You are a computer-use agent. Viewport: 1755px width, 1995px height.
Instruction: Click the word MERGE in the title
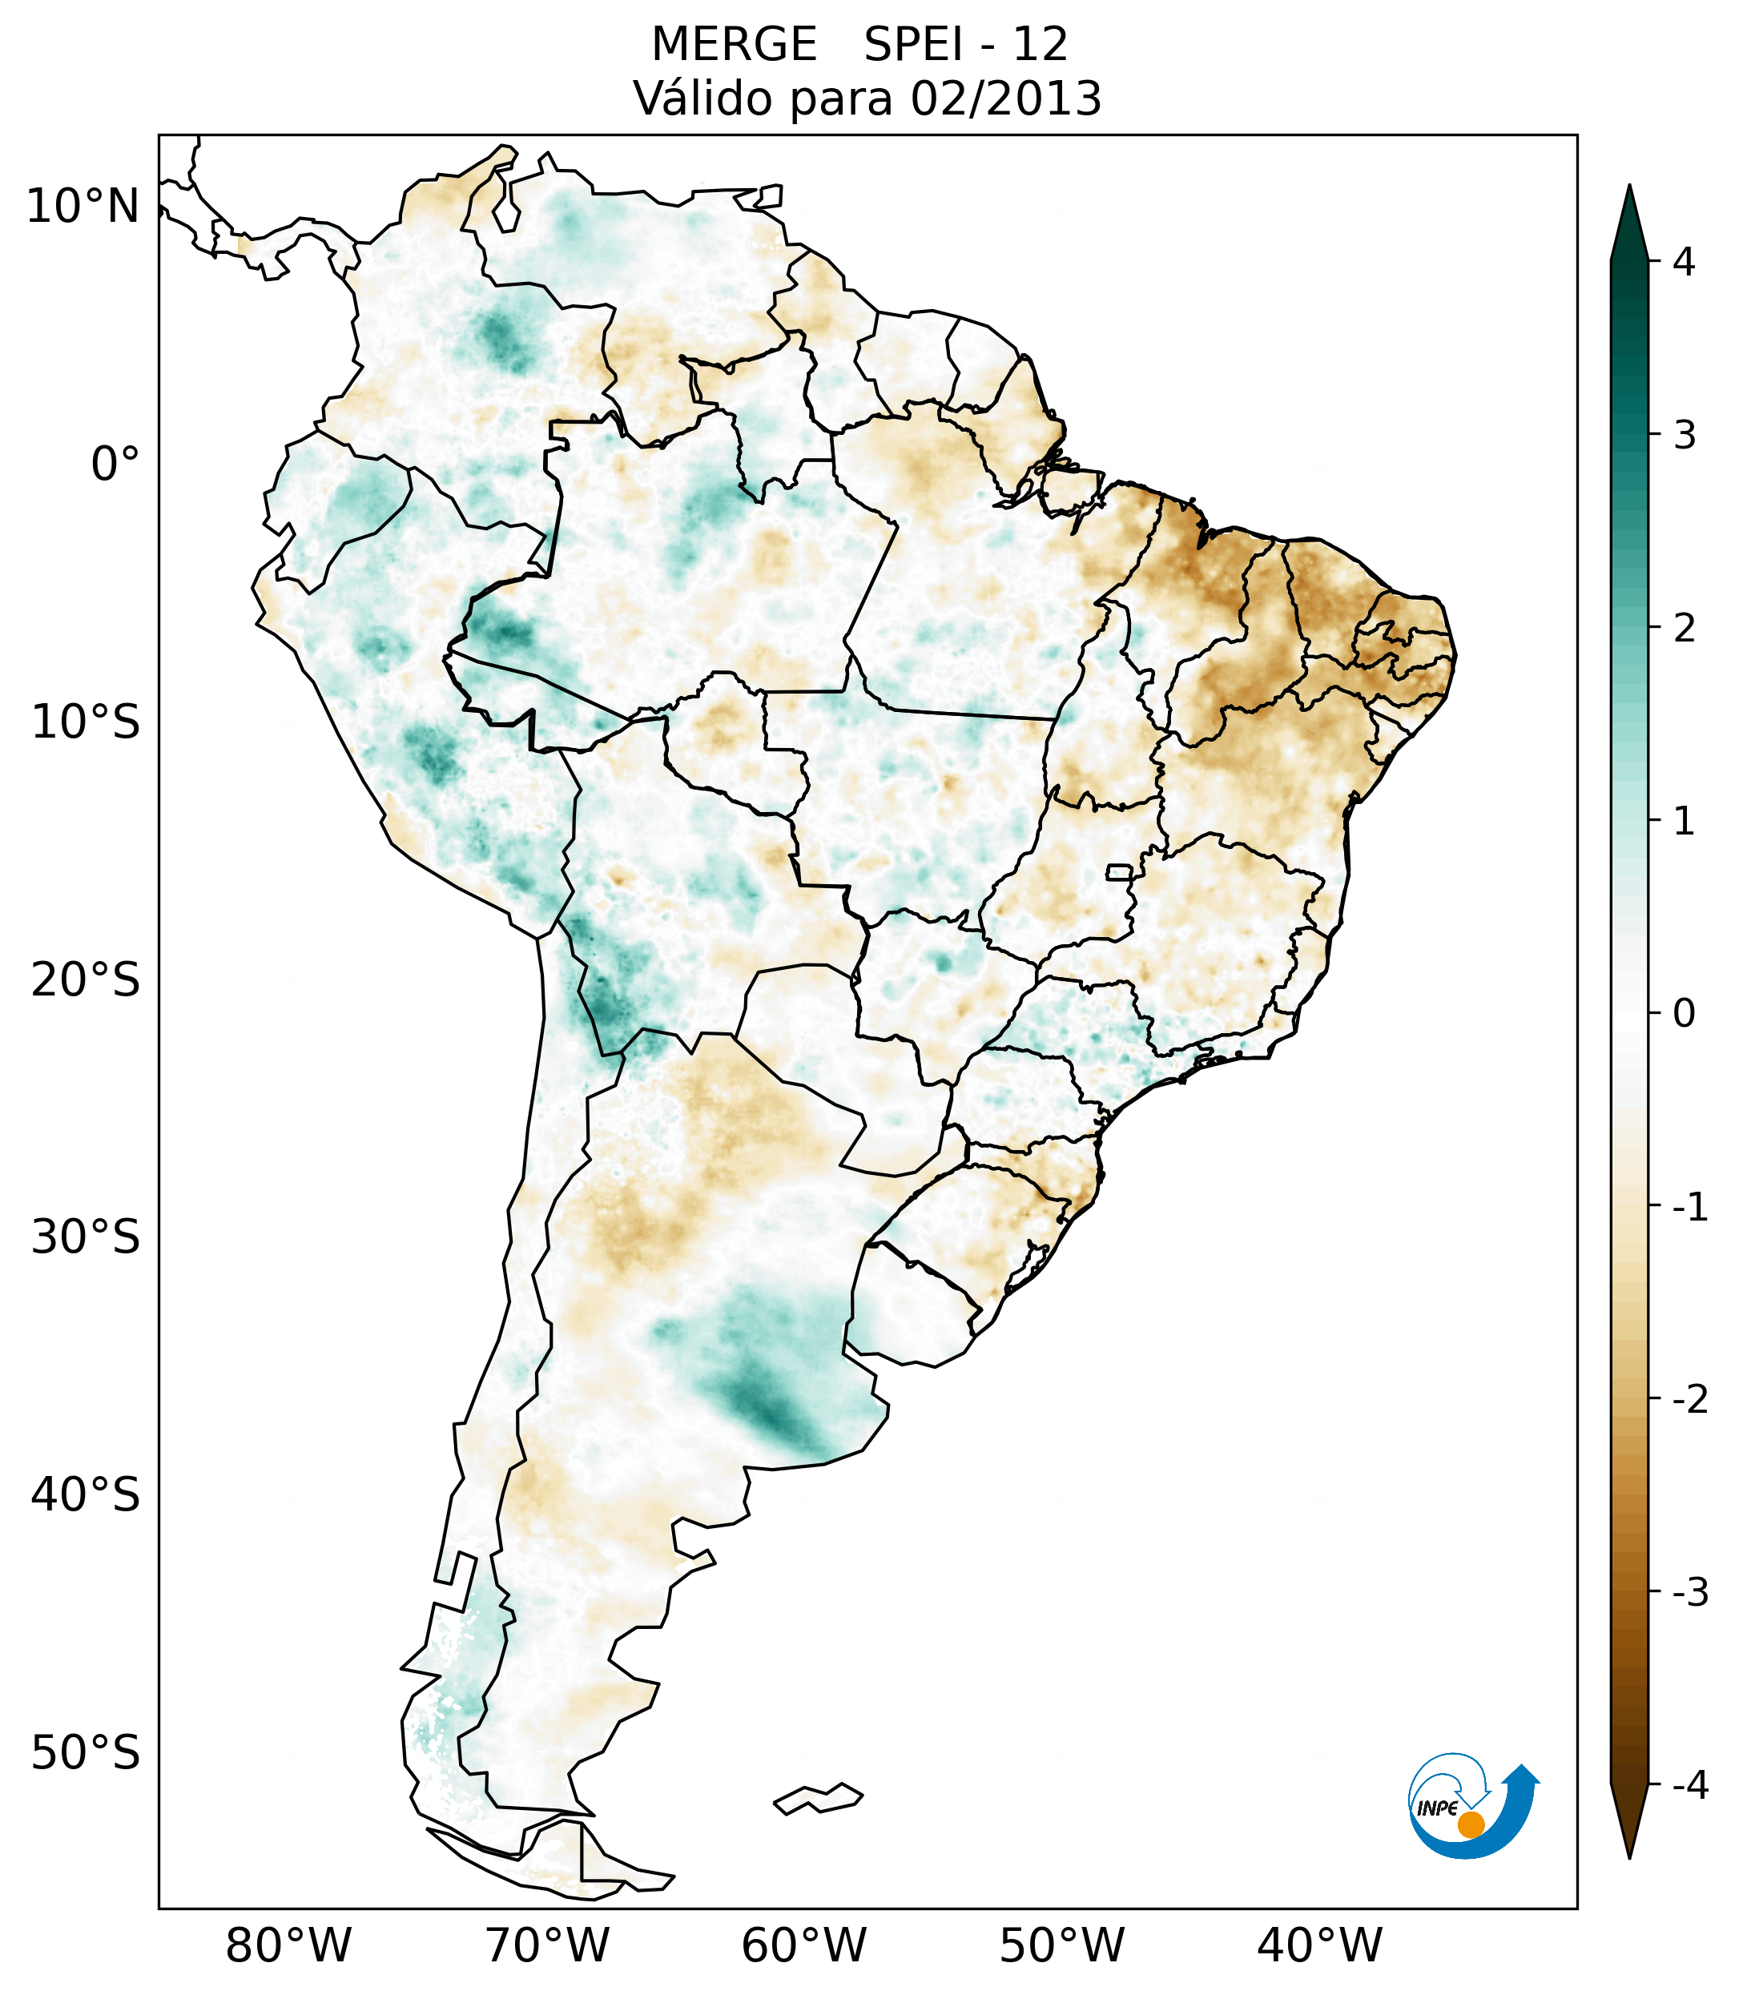733,45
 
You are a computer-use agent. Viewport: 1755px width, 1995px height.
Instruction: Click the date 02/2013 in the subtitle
1005,99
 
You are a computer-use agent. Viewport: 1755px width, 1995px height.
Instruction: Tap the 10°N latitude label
83,207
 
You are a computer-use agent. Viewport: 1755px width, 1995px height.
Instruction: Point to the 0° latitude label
115,465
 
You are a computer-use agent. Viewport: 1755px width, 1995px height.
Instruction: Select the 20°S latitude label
86,980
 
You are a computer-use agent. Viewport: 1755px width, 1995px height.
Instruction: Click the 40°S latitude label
86,1495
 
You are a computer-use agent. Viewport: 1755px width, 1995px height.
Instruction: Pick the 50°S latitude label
86,1754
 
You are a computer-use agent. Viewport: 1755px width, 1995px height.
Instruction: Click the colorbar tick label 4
1684,262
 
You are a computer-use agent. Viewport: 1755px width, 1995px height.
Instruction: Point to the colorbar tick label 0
1684,1014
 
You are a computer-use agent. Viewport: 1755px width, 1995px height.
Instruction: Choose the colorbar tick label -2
1689,1400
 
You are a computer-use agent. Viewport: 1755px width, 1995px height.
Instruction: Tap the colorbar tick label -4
1689,1785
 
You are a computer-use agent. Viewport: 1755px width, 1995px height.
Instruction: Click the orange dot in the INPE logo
1471,1824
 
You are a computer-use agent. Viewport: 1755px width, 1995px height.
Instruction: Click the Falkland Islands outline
818,1798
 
